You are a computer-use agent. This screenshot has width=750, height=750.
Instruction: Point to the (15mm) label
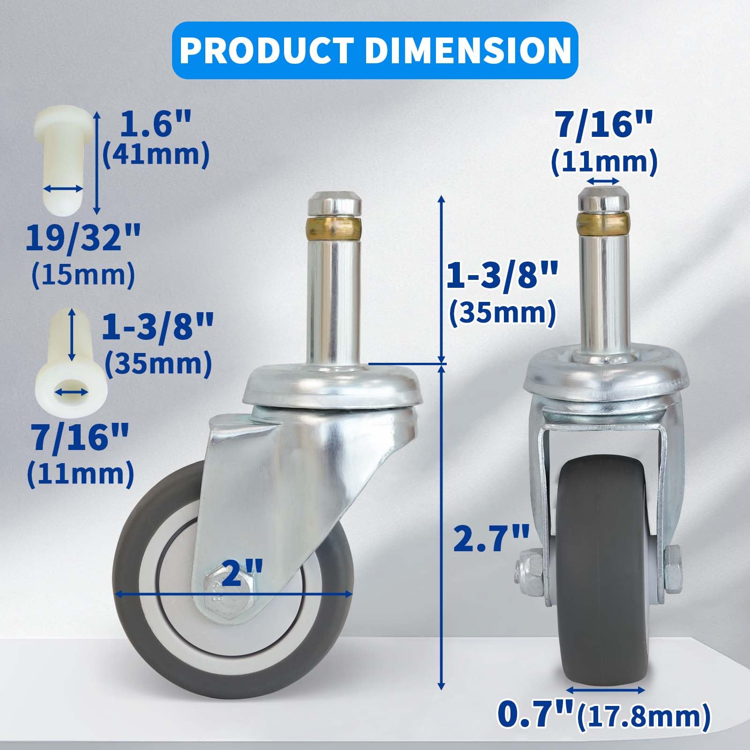click(x=82, y=275)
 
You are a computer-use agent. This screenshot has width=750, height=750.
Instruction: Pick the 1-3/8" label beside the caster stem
click(x=502, y=277)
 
